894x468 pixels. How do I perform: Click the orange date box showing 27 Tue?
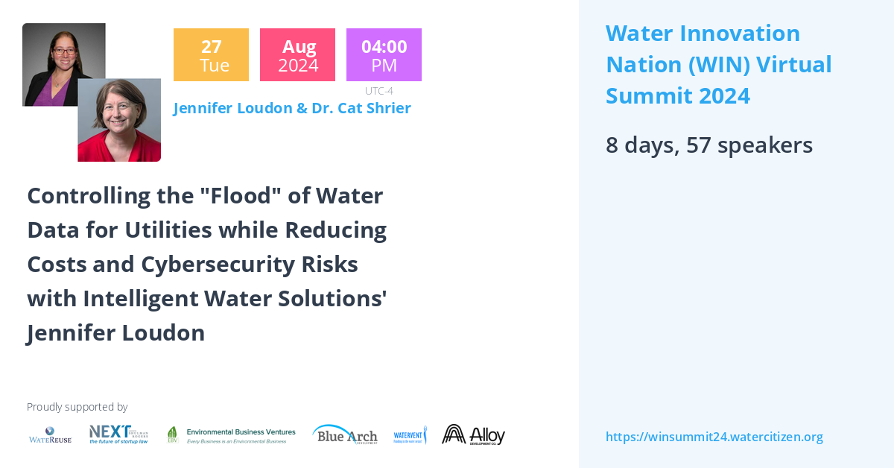coord(211,55)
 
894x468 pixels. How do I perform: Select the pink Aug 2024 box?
coord(297,55)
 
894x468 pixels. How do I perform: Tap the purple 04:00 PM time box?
coord(384,55)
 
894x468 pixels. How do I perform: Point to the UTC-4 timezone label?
coord(379,91)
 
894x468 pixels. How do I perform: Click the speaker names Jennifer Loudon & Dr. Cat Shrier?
coord(292,108)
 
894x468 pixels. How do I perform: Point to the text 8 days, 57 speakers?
coord(708,145)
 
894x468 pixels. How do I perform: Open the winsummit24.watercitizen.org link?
coord(714,437)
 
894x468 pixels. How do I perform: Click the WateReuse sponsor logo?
coord(50,435)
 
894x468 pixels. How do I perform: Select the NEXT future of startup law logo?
coord(118,434)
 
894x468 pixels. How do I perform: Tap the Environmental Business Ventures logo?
coord(231,435)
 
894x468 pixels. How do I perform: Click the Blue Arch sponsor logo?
coord(345,434)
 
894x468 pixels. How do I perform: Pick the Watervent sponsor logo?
coord(410,435)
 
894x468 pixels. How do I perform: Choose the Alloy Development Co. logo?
coord(473,434)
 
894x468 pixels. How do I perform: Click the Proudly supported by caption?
coord(77,407)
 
